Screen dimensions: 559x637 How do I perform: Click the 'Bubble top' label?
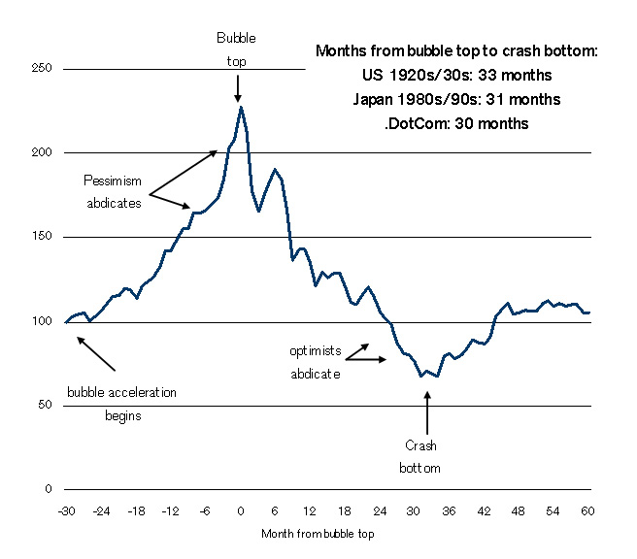tap(237, 49)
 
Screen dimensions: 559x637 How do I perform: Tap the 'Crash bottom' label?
tap(420, 457)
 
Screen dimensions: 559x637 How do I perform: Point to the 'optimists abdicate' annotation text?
tap(316, 361)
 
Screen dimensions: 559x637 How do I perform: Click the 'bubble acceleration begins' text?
tap(122, 405)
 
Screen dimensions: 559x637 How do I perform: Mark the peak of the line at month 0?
tap(240, 108)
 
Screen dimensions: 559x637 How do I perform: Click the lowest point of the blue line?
tap(421, 376)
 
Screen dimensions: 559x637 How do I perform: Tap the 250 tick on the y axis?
tap(40, 69)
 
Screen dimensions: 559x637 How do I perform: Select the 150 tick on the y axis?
tap(40, 237)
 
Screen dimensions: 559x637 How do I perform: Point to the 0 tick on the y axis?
tap(46, 489)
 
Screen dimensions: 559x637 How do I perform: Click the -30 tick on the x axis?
tap(66, 511)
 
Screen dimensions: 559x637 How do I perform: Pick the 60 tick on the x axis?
tap(587, 511)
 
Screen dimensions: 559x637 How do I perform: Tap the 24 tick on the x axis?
tap(379, 511)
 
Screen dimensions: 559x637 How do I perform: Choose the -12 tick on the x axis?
tap(170, 511)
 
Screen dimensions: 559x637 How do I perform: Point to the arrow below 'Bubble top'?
tap(238, 89)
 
